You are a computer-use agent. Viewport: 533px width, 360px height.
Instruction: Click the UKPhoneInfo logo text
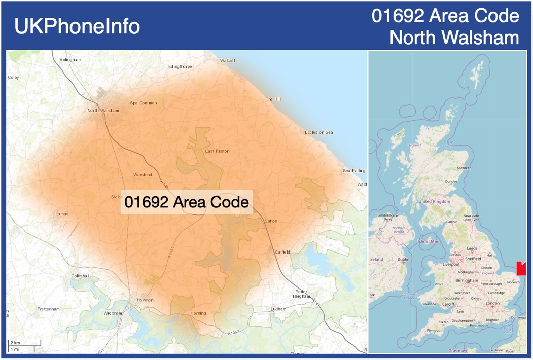(x=77, y=26)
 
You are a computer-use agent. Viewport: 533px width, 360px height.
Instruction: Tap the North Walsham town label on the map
(x=103, y=111)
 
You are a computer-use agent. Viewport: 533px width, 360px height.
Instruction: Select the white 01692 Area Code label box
(x=187, y=202)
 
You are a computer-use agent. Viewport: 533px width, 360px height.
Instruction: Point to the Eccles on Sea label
(x=318, y=132)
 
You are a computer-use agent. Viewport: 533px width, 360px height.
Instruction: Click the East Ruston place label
(x=217, y=151)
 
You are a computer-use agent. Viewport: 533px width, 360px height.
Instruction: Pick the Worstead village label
(x=143, y=175)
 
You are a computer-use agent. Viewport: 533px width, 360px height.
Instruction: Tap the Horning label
(x=198, y=313)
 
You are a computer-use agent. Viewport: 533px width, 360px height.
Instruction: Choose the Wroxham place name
(x=113, y=313)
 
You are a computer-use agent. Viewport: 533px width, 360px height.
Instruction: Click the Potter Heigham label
(x=301, y=294)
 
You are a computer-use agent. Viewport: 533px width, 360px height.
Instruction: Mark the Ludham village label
(x=278, y=309)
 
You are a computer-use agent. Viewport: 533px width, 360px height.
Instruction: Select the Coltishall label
(x=80, y=276)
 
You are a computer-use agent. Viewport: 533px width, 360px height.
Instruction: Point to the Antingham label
(x=70, y=60)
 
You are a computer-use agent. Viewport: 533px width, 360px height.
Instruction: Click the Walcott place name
(x=227, y=60)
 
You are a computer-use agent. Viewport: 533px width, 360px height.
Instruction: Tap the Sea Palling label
(x=354, y=171)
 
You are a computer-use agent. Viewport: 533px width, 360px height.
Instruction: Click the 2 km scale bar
(x=24, y=344)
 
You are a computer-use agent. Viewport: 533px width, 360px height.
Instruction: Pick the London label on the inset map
(x=492, y=303)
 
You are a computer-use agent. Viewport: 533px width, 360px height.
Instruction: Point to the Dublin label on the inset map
(x=403, y=259)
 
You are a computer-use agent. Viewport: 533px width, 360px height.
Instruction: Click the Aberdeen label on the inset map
(x=464, y=167)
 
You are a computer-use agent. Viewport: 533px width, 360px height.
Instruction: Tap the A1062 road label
(x=233, y=333)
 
